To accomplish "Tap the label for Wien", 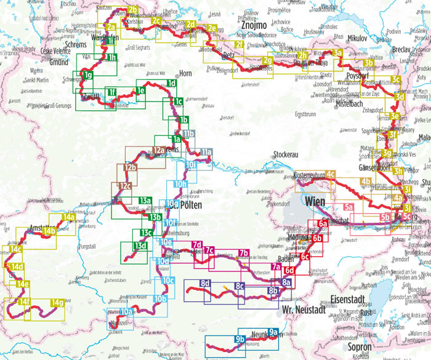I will click(314, 201).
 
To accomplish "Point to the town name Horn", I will click(185, 74).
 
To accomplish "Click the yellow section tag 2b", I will click(133, 9).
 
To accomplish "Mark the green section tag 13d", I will click(140, 246).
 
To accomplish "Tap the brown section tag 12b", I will click(129, 167).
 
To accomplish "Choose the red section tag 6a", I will click(323, 224).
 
